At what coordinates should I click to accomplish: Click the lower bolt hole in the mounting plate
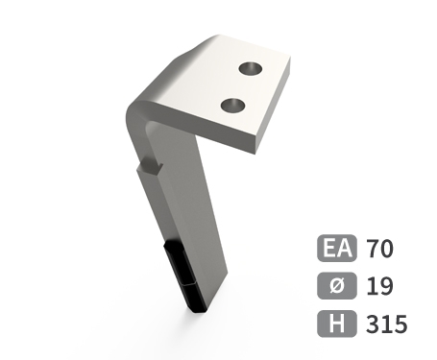(x=231, y=104)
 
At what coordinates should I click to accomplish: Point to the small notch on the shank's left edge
(x=147, y=170)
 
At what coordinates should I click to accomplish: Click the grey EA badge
(x=337, y=250)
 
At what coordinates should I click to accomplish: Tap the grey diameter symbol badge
(x=337, y=286)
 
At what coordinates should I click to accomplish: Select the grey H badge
(x=337, y=324)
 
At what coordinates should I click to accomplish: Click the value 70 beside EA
(x=379, y=250)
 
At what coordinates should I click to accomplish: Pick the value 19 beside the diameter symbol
(x=378, y=286)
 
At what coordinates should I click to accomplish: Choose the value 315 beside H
(x=386, y=324)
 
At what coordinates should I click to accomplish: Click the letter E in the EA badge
(x=329, y=250)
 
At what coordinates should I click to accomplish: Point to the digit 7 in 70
(x=373, y=250)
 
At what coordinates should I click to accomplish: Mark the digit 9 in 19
(x=385, y=286)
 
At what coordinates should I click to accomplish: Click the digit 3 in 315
(x=373, y=324)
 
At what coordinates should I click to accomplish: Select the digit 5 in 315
(x=400, y=324)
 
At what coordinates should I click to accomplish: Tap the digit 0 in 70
(x=386, y=250)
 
